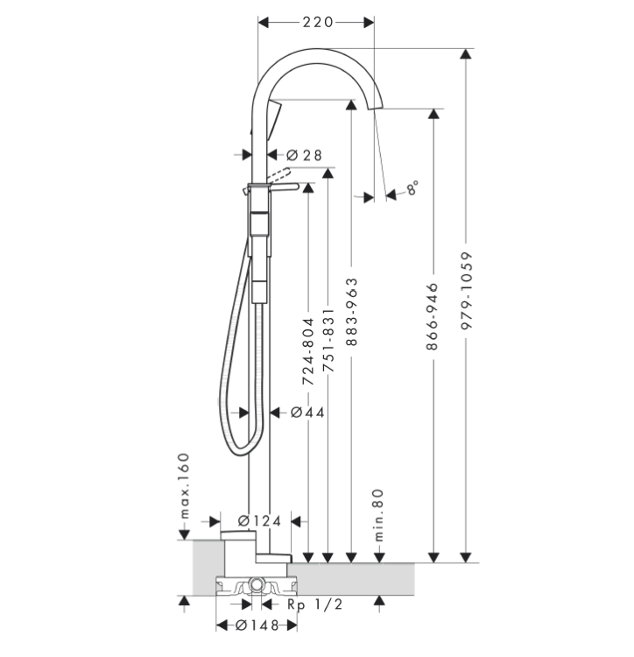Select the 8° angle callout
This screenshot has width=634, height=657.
coord(411,187)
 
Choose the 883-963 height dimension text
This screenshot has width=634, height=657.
coord(351,314)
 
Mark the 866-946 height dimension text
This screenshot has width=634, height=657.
coord(433,316)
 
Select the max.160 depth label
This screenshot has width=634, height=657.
coord(184,484)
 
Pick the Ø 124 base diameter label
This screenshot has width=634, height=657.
coord(259,520)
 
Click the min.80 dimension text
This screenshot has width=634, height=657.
coord(379,514)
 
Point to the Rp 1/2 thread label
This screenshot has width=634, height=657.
coord(313,604)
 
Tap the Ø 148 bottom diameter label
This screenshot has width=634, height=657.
coord(257,625)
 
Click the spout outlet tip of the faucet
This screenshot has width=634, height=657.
coord(378,108)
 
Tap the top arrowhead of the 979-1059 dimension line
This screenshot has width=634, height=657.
coord(466,55)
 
